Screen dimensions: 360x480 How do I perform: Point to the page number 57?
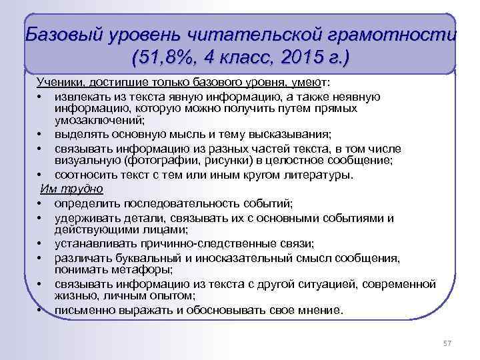(447, 343)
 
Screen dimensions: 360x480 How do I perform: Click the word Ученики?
(58, 82)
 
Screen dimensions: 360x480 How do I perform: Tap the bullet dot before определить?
(41, 203)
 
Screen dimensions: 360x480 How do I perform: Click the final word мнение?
(317, 310)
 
